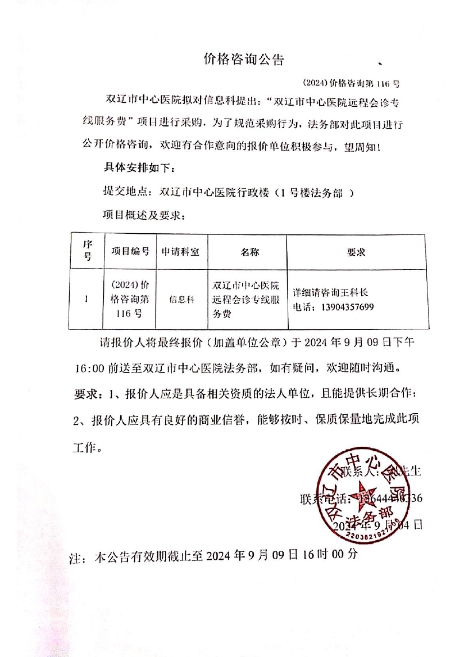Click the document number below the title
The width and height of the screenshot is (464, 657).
(x=351, y=82)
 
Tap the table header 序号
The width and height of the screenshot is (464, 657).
(x=87, y=251)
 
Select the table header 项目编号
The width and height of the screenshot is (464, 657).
(x=130, y=251)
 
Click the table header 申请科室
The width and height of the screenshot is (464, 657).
(x=180, y=252)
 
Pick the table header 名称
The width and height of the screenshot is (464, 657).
(x=249, y=252)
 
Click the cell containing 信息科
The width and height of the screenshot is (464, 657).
(x=181, y=300)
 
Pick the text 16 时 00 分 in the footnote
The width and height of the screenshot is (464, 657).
(x=325, y=556)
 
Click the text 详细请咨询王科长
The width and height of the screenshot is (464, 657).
(x=330, y=293)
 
